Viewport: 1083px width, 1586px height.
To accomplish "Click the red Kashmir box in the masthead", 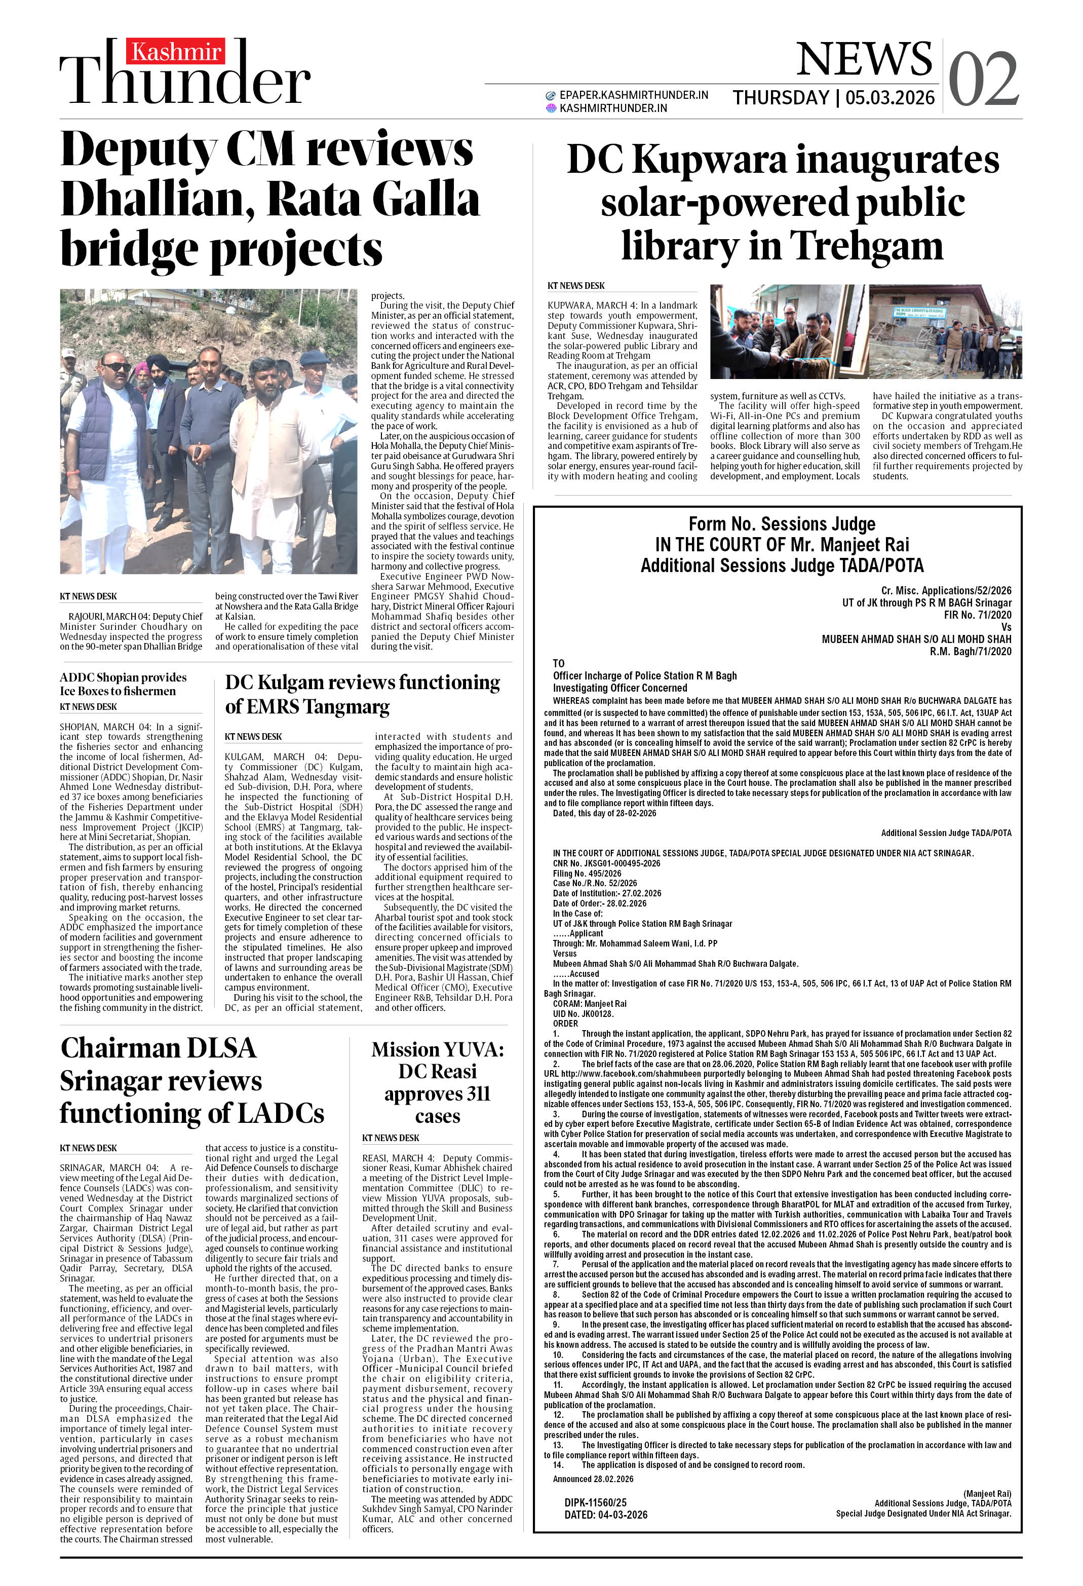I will click(x=175, y=51).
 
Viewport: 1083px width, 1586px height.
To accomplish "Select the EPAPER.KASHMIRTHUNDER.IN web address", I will click(x=633, y=95).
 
